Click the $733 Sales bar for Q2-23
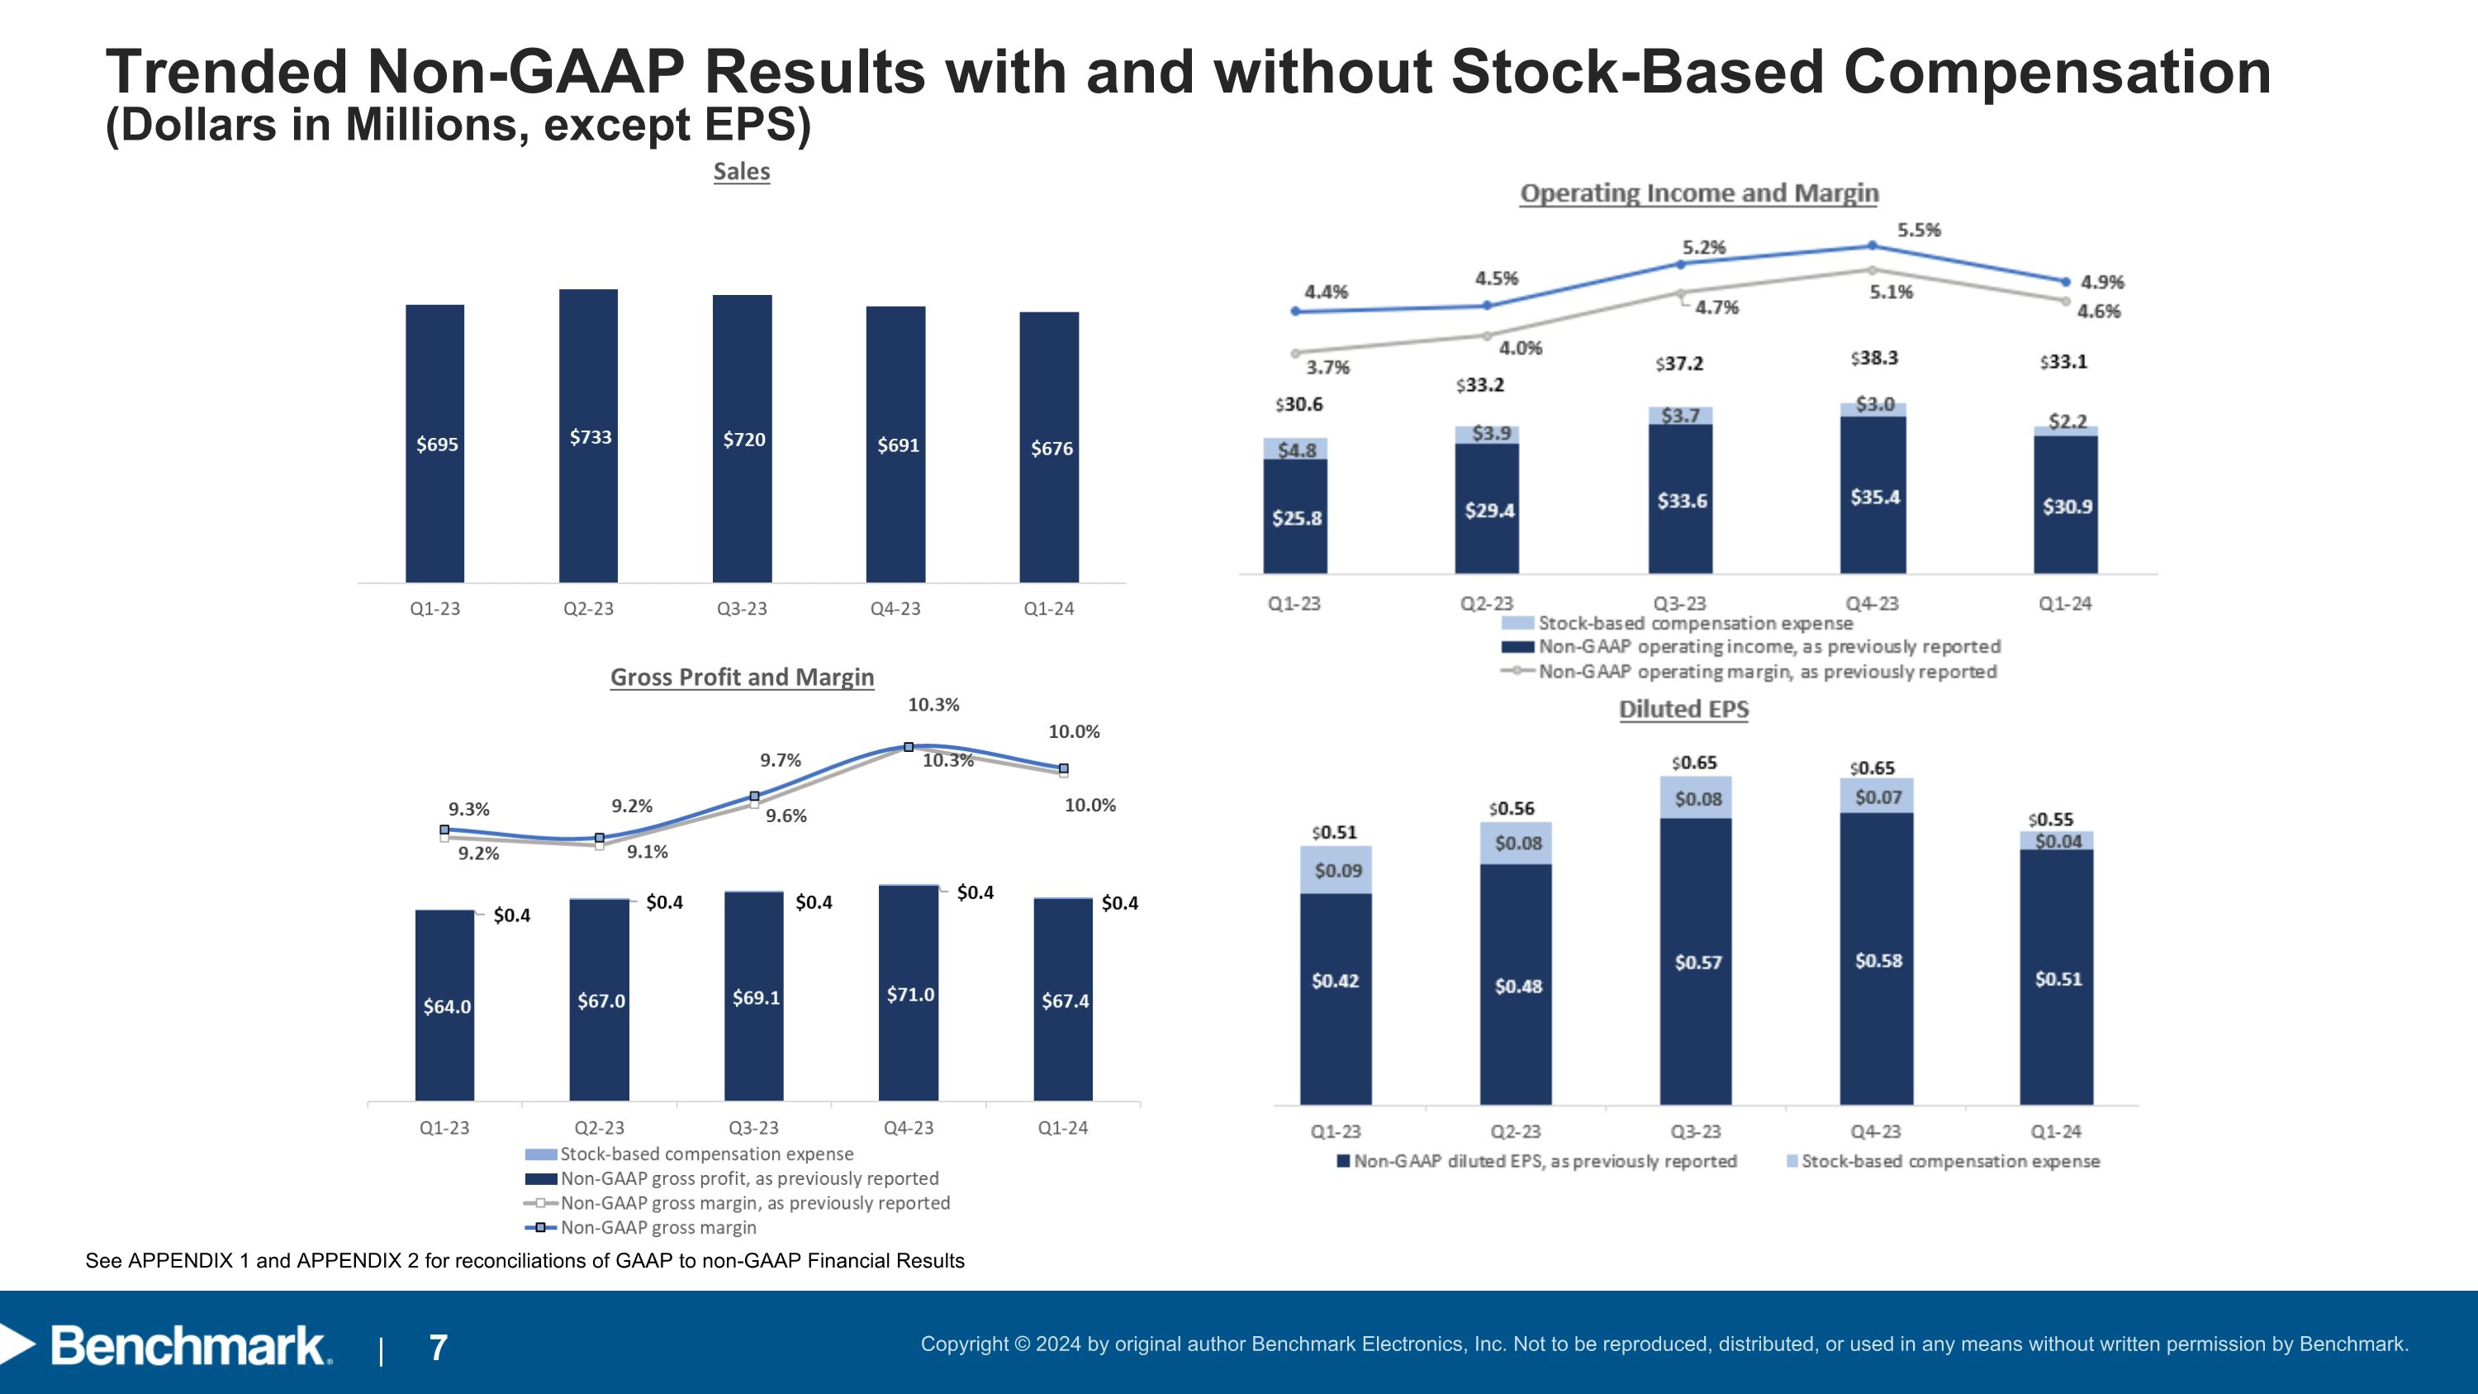click(589, 435)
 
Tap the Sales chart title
click(742, 171)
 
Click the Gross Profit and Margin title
click(742, 678)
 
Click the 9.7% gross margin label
click(780, 760)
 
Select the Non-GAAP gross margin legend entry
click(658, 1228)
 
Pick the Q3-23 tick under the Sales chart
click(742, 609)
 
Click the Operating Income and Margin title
click(1699, 193)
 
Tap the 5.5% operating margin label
click(1918, 230)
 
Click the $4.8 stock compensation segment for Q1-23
click(1296, 450)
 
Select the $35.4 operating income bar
click(1874, 497)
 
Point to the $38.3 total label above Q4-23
click(1874, 358)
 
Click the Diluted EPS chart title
click(1683, 709)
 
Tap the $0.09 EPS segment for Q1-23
click(1337, 869)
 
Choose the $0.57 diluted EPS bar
click(1697, 962)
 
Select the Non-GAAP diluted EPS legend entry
click(1544, 1161)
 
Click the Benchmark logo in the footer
click(188, 1346)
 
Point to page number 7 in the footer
click(438, 1348)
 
